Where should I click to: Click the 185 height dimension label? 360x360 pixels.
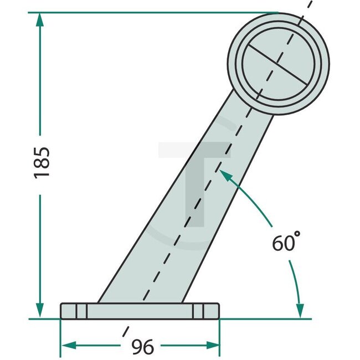42,162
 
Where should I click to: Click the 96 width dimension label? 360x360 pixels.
142,347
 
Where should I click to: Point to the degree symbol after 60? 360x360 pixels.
297,235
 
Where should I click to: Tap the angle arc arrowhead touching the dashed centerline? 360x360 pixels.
224,174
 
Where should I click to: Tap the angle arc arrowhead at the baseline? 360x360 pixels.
300,311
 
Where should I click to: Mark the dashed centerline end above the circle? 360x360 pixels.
306,4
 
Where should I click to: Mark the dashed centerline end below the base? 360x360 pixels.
125,335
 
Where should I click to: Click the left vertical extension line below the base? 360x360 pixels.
60,338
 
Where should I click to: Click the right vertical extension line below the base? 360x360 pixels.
220,338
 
